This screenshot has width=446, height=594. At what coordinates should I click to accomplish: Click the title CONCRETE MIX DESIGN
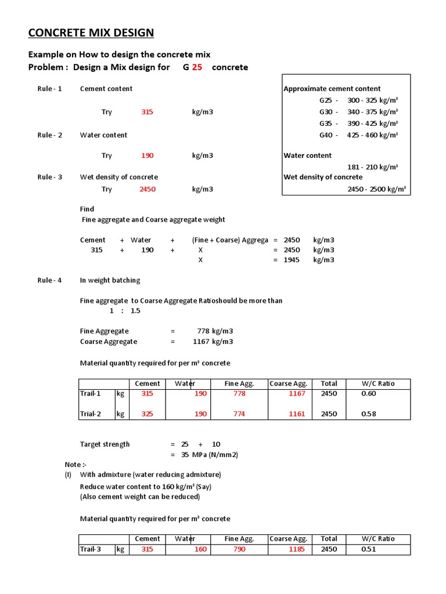tap(91, 32)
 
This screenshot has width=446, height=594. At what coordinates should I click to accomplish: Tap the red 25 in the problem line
tap(197, 67)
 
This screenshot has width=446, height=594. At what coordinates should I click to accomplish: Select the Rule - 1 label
tap(50, 89)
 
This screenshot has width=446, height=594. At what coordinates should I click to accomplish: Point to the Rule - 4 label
tap(50, 280)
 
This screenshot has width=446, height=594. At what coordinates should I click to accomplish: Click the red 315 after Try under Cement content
tap(147, 112)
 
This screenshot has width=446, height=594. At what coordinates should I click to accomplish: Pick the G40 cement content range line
tap(358, 135)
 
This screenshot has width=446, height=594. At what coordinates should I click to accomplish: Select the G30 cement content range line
tap(358, 112)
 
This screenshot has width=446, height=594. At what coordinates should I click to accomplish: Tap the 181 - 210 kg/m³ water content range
tap(372, 167)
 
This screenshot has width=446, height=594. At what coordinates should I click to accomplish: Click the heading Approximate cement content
tap(332, 89)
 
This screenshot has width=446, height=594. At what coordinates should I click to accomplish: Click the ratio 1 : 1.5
tap(125, 311)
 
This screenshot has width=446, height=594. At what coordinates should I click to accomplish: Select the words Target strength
tap(105, 444)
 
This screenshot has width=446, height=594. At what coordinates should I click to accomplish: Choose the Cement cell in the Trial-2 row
tap(147, 414)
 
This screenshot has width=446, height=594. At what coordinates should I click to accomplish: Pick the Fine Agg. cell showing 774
tap(239, 414)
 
